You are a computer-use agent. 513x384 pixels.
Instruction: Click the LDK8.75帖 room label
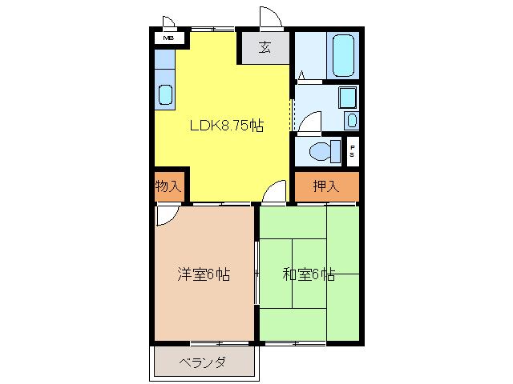(x=227, y=125)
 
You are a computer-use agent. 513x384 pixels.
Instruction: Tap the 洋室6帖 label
(x=204, y=274)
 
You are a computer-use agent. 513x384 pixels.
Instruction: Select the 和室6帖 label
(x=309, y=274)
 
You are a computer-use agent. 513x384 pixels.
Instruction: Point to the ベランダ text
(x=202, y=362)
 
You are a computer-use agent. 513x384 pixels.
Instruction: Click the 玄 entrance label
(x=265, y=47)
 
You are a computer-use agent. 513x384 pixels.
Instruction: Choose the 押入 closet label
(x=325, y=187)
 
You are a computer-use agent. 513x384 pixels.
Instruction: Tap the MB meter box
(x=169, y=38)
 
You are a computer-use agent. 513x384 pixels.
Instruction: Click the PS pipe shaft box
(x=352, y=150)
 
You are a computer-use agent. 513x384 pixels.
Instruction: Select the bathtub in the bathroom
(x=344, y=54)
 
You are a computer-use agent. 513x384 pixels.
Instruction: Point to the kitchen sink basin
(x=165, y=95)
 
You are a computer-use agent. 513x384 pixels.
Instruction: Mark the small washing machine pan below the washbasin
(x=352, y=121)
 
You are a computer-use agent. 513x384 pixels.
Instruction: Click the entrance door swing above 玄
(x=269, y=18)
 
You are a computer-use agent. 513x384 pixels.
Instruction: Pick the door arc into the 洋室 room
(x=166, y=214)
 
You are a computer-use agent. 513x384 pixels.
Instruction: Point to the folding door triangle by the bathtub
(x=301, y=76)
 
